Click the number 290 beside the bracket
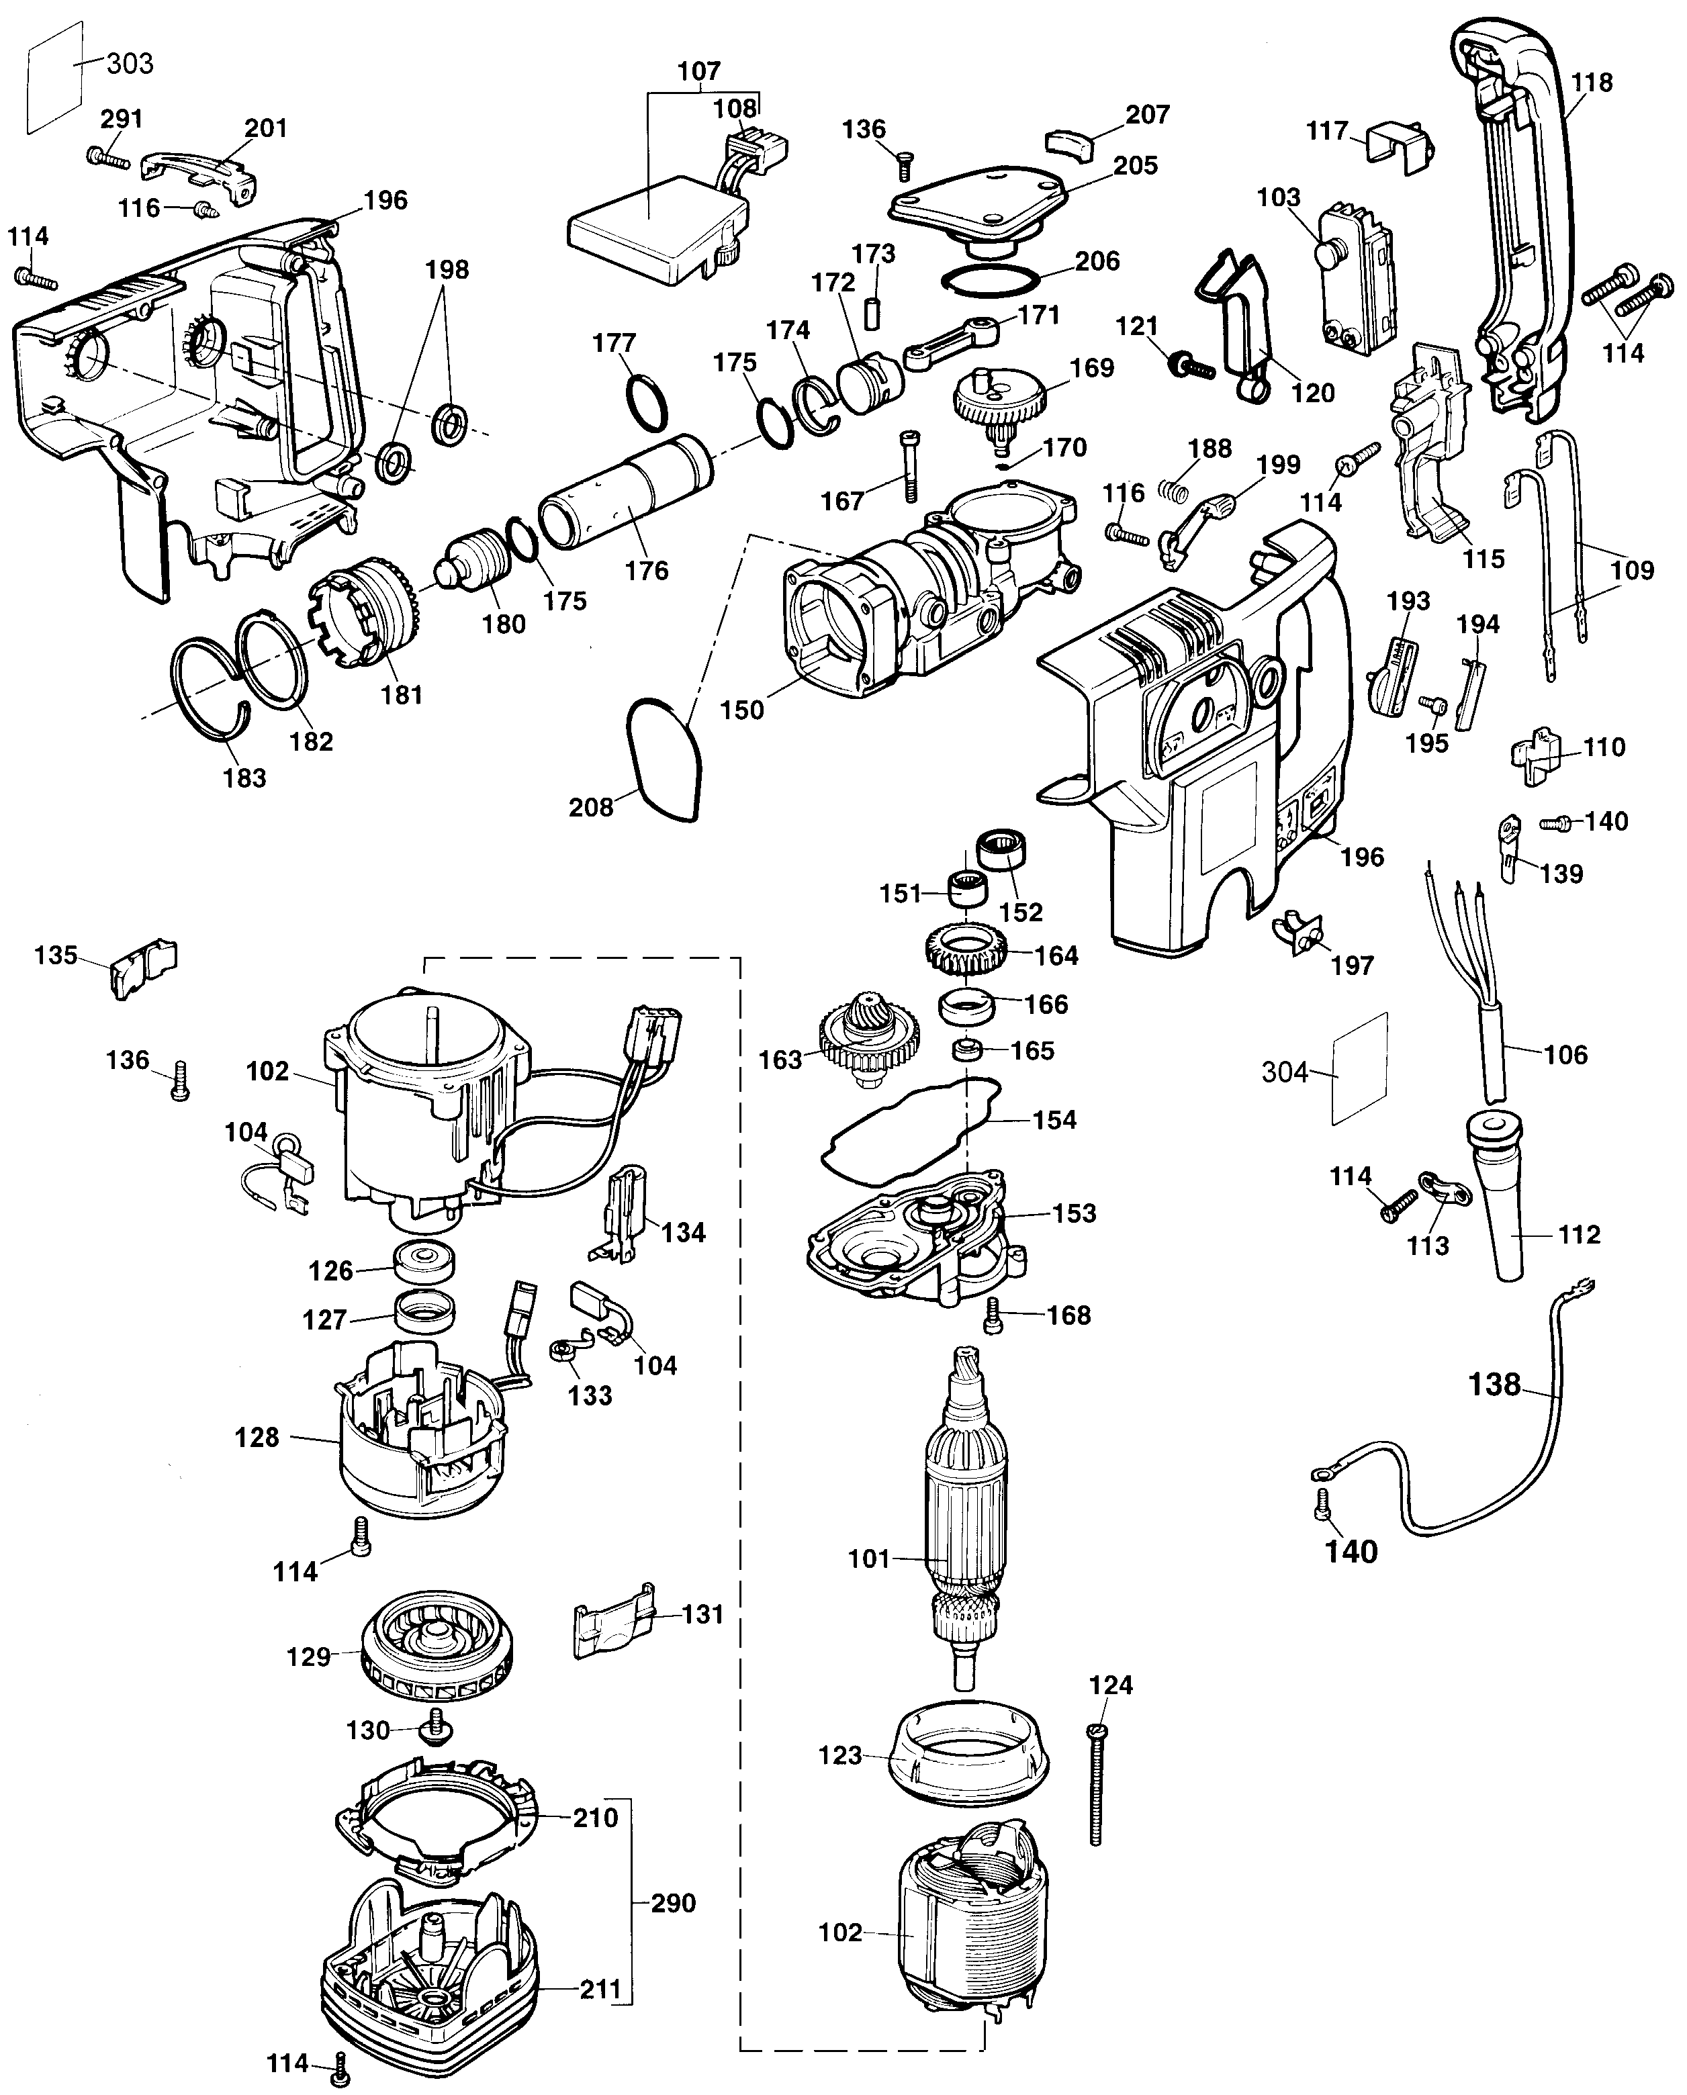click(672, 1902)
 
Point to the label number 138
click(1494, 1384)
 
